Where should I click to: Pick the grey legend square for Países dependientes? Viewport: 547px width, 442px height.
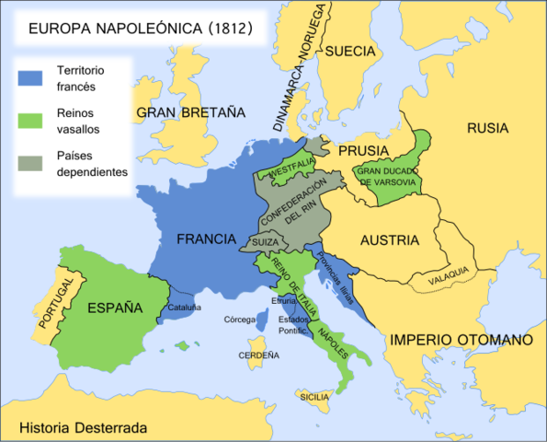click(33, 163)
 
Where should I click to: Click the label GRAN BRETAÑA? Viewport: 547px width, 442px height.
click(191, 113)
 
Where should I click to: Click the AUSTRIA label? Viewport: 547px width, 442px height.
click(390, 240)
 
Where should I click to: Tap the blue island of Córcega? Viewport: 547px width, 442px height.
click(261, 321)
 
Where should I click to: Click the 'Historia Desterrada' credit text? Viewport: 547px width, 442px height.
click(83, 427)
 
